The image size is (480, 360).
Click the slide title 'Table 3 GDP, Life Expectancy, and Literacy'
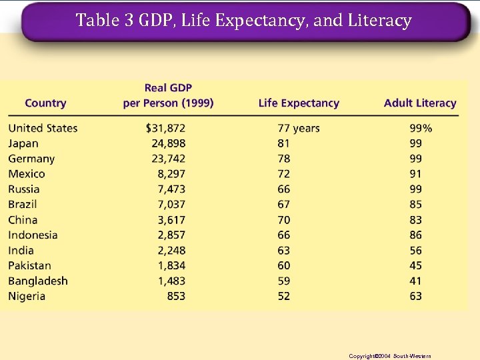click(x=243, y=21)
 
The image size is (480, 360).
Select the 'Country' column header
click(x=45, y=103)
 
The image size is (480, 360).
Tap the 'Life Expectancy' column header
click(x=299, y=103)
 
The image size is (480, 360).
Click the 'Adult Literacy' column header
click(x=420, y=103)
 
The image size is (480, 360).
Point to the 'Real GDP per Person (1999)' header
click(x=168, y=96)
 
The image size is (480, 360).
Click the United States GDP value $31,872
click(x=165, y=128)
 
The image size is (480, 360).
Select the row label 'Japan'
click(x=23, y=143)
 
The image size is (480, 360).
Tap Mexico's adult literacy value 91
click(x=416, y=174)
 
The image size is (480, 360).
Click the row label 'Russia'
click(x=24, y=189)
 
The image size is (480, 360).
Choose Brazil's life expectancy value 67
click(x=284, y=205)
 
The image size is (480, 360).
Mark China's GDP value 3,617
click(x=171, y=220)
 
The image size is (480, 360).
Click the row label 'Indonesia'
click(x=33, y=235)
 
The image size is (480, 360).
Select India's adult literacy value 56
click(x=416, y=251)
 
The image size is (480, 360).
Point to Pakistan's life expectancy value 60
click(x=284, y=266)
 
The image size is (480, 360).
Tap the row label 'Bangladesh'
click(x=38, y=281)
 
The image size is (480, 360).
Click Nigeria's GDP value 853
click(x=177, y=297)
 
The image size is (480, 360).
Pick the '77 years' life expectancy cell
click(x=299, y=128)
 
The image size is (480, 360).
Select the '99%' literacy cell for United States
click(x=421, y=128)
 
